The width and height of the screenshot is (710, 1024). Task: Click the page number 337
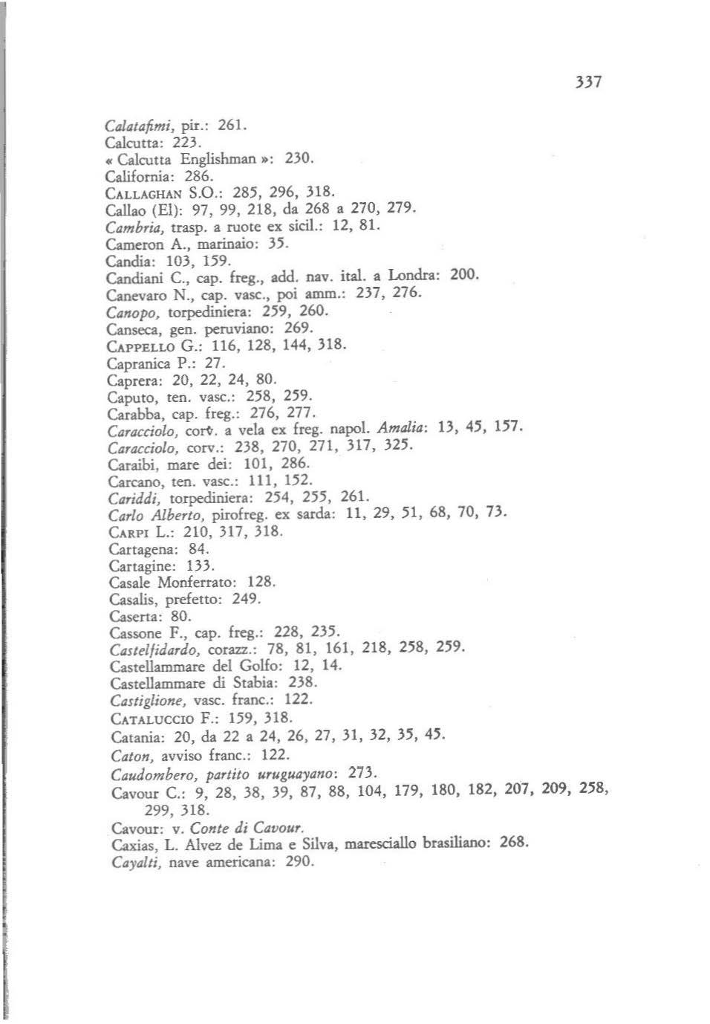pyautogui.click(x=587, y=82)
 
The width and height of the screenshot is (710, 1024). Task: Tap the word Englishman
pyautogui.click(x=215, y=159)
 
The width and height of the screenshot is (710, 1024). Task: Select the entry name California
pyautogui.click(x=139, y=177)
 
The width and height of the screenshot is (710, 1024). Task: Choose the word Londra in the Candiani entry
pyautogui.click(x=412, y=275)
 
